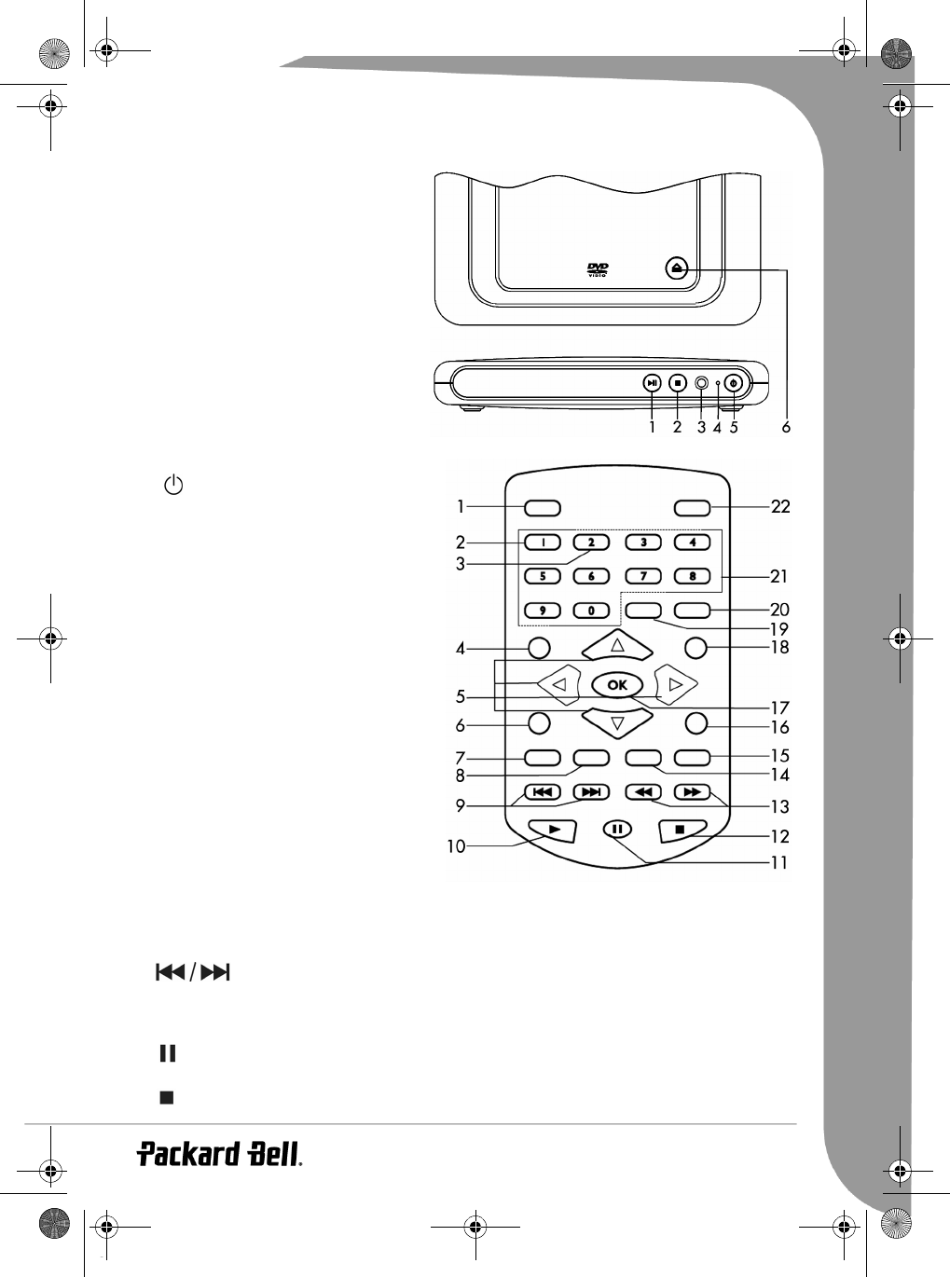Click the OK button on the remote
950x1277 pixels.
[617, 684]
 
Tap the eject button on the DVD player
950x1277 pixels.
[676, 268]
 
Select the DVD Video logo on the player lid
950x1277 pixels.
[598, 269]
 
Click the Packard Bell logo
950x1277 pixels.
[219, 1154]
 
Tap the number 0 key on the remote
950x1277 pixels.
[591, 611]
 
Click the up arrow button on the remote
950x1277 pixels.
[617, 645]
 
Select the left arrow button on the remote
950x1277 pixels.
[559, 684]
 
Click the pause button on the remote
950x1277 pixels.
[617, 829]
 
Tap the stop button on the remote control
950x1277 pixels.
[681, 831]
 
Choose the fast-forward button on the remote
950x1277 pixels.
[692, 792]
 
